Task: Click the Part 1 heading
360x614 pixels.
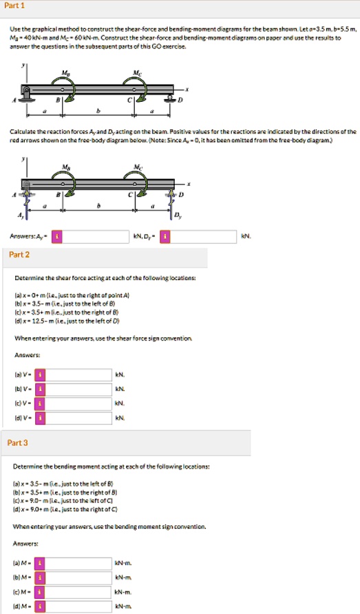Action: click(x=14, y=5)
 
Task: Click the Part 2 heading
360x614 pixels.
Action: click(x=19, y=255)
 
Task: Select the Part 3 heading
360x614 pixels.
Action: click(x=19, y=442)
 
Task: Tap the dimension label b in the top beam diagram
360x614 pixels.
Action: click(x=98, y=111)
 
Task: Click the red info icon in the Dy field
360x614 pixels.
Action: click(x=165, y=237)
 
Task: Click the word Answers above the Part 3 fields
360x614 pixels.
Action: click(x=25, y=544)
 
